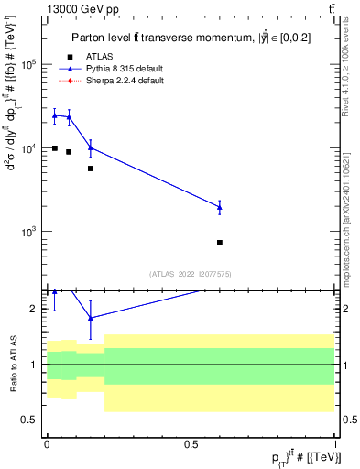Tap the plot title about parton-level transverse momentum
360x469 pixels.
pos(191,37)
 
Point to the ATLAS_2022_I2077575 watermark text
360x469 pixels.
pos(190,273)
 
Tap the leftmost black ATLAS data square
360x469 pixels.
pos(55,148)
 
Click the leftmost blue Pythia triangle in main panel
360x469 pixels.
pos(55,115)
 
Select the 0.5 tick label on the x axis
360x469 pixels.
pos(191,443)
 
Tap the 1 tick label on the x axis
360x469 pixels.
pos(335,443)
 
